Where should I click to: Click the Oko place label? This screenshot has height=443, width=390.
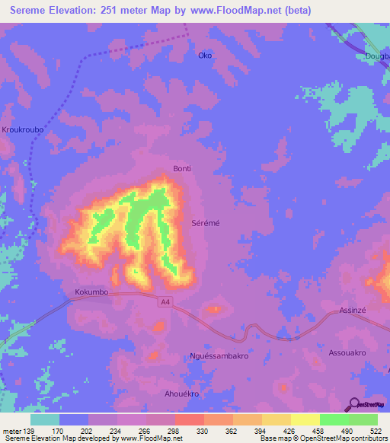click(204, 56)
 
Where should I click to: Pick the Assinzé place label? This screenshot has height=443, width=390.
click(353, 313)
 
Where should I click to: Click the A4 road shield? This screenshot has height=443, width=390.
click(165, 302)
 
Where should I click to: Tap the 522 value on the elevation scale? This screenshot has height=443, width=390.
click(375, 431)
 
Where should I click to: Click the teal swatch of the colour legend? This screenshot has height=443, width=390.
click(45, 419)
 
